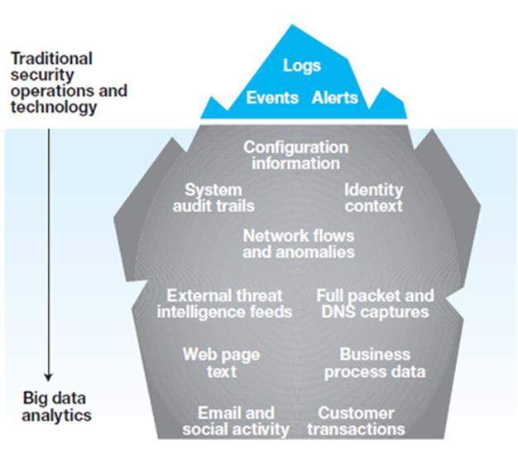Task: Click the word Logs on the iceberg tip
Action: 302,65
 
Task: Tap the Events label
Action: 272,98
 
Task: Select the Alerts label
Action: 335,98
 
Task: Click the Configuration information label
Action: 296,155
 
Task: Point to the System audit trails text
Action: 213,198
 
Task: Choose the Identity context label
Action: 374,198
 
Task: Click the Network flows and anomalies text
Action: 299,244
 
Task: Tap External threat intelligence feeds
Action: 224,303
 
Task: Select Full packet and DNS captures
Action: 376,303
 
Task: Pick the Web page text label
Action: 221,363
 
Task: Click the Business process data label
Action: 375,363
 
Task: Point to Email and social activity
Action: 236,421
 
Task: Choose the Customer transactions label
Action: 356,421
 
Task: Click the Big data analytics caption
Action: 56,406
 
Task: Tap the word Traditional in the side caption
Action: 51,59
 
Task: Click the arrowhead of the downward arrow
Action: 49,377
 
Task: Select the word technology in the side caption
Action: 54,108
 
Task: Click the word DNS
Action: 338,312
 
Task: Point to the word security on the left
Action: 42,75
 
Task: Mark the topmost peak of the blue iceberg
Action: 292,25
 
